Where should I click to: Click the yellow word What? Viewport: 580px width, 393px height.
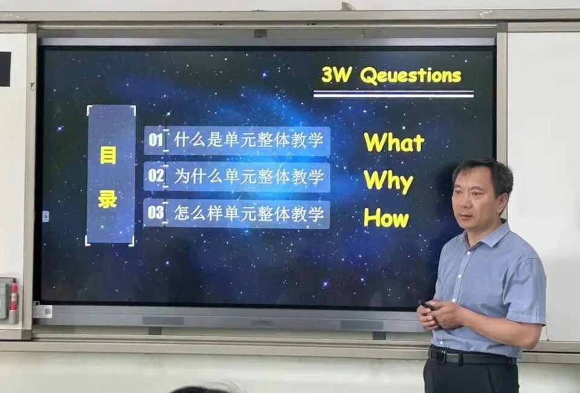(394, 142)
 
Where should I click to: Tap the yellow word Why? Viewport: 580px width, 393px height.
(388, 181)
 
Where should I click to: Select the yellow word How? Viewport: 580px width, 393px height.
(386, 218)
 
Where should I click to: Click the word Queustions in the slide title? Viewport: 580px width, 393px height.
(411, 76)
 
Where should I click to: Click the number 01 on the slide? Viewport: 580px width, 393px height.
(156, 140)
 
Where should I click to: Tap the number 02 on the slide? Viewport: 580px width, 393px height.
(156, 175)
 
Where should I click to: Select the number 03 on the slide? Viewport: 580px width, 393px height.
(155, 212)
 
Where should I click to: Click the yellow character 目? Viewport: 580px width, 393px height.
(108, 155)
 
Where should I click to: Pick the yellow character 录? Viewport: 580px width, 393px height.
(108, 200)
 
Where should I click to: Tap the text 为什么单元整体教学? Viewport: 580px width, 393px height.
(248, 176)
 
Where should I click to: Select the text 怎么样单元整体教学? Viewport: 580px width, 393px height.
(248, 214)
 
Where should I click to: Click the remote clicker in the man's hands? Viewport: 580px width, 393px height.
(428, 306)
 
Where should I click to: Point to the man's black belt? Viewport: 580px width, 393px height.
(471, 356)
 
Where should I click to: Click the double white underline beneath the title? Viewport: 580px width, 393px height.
(393, 94)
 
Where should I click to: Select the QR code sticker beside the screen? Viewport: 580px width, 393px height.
(44, 311)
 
